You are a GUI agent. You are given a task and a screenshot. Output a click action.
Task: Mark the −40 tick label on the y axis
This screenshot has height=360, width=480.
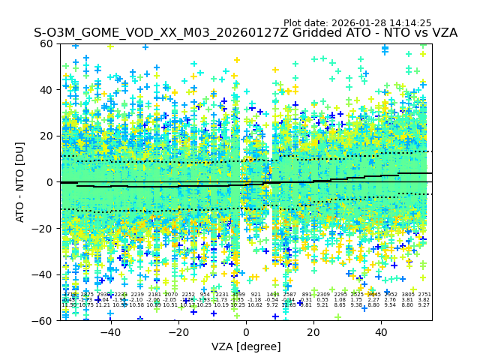click(x=45, y=274)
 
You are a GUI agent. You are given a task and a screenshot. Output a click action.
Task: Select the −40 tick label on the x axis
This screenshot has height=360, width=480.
click(x=110, y=332)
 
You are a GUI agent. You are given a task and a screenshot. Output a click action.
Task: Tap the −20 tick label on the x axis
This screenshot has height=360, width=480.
click(x=178, y=332)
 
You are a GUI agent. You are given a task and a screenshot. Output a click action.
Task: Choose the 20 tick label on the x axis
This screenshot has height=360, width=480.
click(x=313, y=332)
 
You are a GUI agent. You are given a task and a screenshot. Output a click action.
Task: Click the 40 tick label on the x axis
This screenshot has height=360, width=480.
click(x=381, y=332)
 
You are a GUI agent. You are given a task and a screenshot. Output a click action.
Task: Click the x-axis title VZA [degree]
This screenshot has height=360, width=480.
click(x=246, y=346)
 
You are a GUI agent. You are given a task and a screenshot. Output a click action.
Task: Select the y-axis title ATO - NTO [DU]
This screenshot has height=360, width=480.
click(x=20, y=181)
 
